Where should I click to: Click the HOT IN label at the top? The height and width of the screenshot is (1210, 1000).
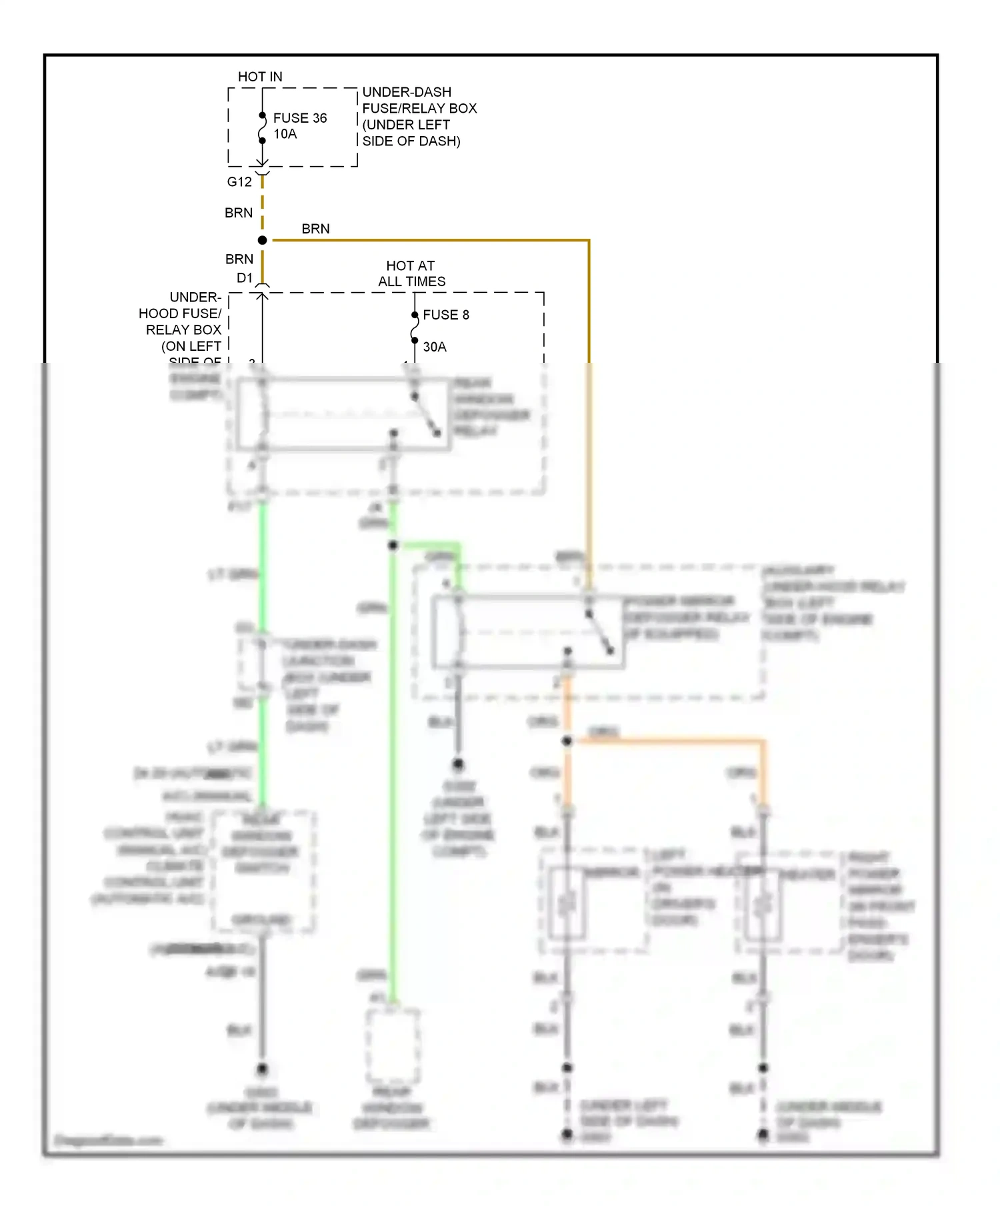[x=260, y=77]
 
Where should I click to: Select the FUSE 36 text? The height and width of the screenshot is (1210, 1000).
[x=300, y=118]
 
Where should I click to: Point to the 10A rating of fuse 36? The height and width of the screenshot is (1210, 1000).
[x=285, y=134]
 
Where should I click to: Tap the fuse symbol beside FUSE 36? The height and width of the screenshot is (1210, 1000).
[x=263, y=128]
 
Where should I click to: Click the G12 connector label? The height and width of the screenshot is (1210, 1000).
[x=239, y=181]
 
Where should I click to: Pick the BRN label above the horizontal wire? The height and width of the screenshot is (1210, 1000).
[x=315, y=229]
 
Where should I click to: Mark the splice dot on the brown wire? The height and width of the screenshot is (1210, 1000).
[x=263, y=240]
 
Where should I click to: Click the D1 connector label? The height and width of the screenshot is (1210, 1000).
[x=245, y=278]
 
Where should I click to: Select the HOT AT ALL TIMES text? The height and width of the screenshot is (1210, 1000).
[x=411, y=273]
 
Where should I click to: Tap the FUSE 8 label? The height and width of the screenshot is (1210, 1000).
[x=445, y=315]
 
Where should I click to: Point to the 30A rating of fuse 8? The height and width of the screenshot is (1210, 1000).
[x=435, y=347]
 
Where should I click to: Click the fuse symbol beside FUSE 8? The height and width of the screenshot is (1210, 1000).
[x=415, y=328]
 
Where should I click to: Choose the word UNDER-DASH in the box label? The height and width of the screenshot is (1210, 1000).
[x=407, y=92]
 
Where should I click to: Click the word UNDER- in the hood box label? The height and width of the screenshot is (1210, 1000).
[x=195, y=297]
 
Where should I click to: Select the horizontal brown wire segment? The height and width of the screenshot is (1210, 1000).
[x=427, y=240]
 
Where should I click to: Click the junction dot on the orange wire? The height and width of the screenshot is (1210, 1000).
[x=567, y=741]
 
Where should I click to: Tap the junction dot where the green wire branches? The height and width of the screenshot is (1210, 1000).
[x=393, y=546]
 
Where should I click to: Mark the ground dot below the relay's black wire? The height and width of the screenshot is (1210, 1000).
[x=458, y=764]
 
